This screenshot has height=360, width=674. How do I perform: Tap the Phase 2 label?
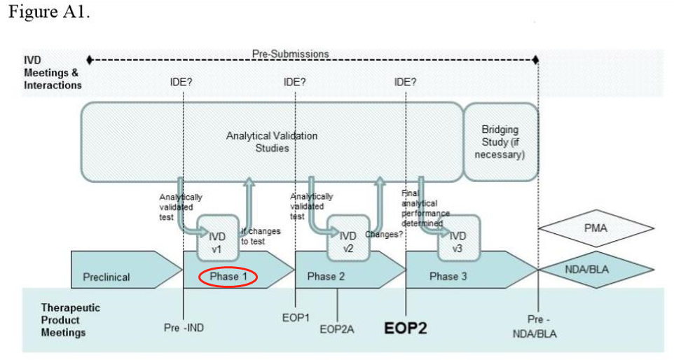[326, 277]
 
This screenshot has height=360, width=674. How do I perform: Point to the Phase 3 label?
[448, 277]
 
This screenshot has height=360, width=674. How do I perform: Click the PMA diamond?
[595, 228]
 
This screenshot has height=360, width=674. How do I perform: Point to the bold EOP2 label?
[406, 328]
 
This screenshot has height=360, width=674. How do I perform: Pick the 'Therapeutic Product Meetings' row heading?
[70, 319]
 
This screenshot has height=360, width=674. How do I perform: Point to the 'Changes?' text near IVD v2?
[384, 233]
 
